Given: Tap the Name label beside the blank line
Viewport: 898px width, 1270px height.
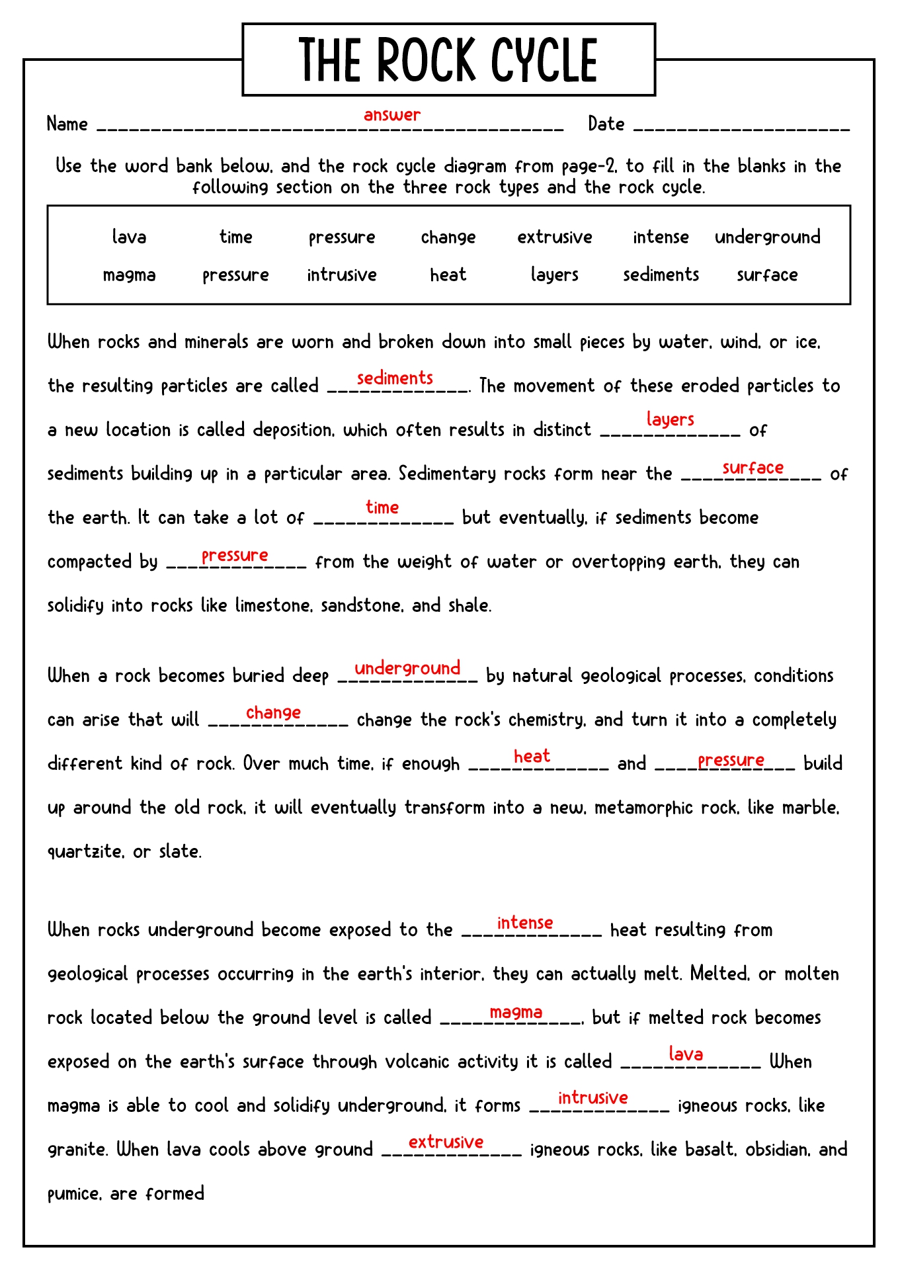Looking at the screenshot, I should click(67, 124).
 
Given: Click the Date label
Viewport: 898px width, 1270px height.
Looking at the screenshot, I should click(606, 124).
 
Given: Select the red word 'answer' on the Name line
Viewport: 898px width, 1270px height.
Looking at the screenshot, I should click(392, 114).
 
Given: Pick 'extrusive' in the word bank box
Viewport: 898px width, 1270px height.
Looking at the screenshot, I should click(554, 237).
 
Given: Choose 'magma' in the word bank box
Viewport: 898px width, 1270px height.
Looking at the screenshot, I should click(129, 275).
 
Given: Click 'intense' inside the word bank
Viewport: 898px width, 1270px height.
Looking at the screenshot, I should click(661, 237).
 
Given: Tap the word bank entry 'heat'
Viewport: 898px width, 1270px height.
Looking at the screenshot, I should click(448, 275).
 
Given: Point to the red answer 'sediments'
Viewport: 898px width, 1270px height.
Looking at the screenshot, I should click(395, 378).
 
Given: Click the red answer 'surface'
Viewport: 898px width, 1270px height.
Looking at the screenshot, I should click(753, 468).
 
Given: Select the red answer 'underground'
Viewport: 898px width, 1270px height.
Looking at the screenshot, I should click(407, 668).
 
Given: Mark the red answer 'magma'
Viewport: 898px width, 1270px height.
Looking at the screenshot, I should click(516, 1012).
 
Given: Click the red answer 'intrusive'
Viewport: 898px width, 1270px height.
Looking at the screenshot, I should click(592, 1098).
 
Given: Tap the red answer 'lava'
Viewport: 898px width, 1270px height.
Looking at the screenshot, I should click(686, 1054).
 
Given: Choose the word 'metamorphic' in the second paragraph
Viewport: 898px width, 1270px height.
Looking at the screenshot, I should click(666, 808).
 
